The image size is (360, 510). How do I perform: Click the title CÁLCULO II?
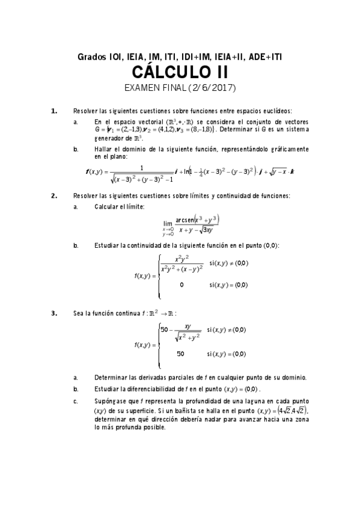click(180, 73)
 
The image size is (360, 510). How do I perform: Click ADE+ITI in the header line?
click(264, 57)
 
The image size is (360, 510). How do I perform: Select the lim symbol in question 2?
click(168, 223)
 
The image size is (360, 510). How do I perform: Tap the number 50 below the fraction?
click(181, 354)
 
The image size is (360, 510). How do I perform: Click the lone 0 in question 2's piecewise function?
click(182, 285)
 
